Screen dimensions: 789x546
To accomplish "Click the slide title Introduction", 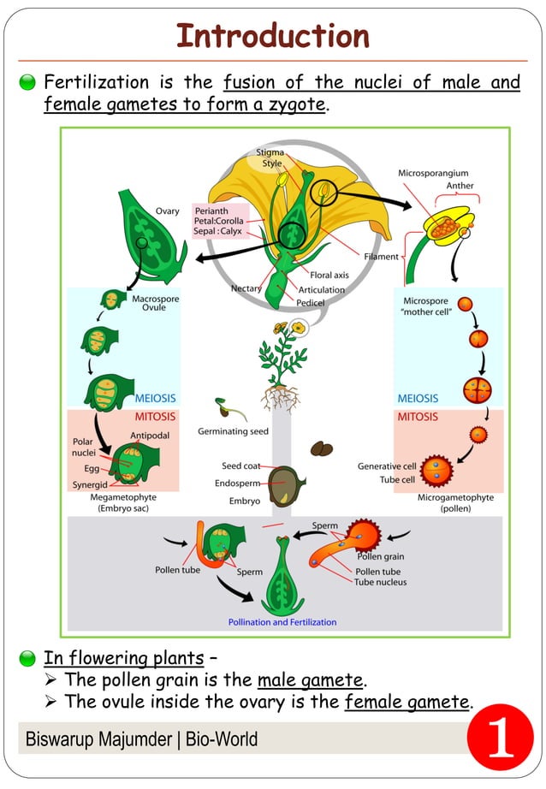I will [272, 36].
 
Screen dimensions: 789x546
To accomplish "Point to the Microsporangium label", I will [433, 173].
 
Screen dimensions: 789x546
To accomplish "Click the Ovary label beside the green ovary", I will [168, 211].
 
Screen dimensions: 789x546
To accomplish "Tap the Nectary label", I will [246, 289].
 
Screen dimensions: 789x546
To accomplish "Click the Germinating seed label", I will [233, 431].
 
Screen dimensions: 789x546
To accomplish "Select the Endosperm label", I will [238, 483].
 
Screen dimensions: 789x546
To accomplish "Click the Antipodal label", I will [150, 435].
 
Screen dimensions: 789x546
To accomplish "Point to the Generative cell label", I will [386, 466].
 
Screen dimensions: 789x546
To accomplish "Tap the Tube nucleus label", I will [380, 582].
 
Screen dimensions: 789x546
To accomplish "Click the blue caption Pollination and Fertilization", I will [282, 622].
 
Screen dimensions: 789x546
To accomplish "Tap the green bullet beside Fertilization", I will [27, 83].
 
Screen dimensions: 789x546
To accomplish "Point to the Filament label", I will [381, 256].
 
